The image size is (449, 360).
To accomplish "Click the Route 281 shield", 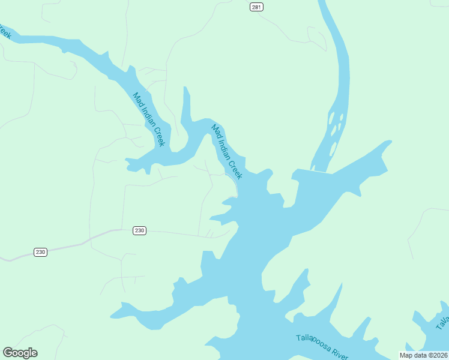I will click(x=256, y=7).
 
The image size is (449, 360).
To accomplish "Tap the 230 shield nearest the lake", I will click(x=139, y=231).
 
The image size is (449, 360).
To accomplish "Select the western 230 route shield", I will click(x=40, y=252).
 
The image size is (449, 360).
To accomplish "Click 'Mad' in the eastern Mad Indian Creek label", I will click(x=216, y=131).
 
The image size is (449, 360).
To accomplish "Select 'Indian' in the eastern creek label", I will click(x=226, y=148).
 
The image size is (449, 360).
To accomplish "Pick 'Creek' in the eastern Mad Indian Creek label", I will click(x=237, y=169).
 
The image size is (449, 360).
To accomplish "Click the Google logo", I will click(x=20, y=353).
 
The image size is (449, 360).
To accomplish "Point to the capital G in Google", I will click(x=8, y=353).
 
